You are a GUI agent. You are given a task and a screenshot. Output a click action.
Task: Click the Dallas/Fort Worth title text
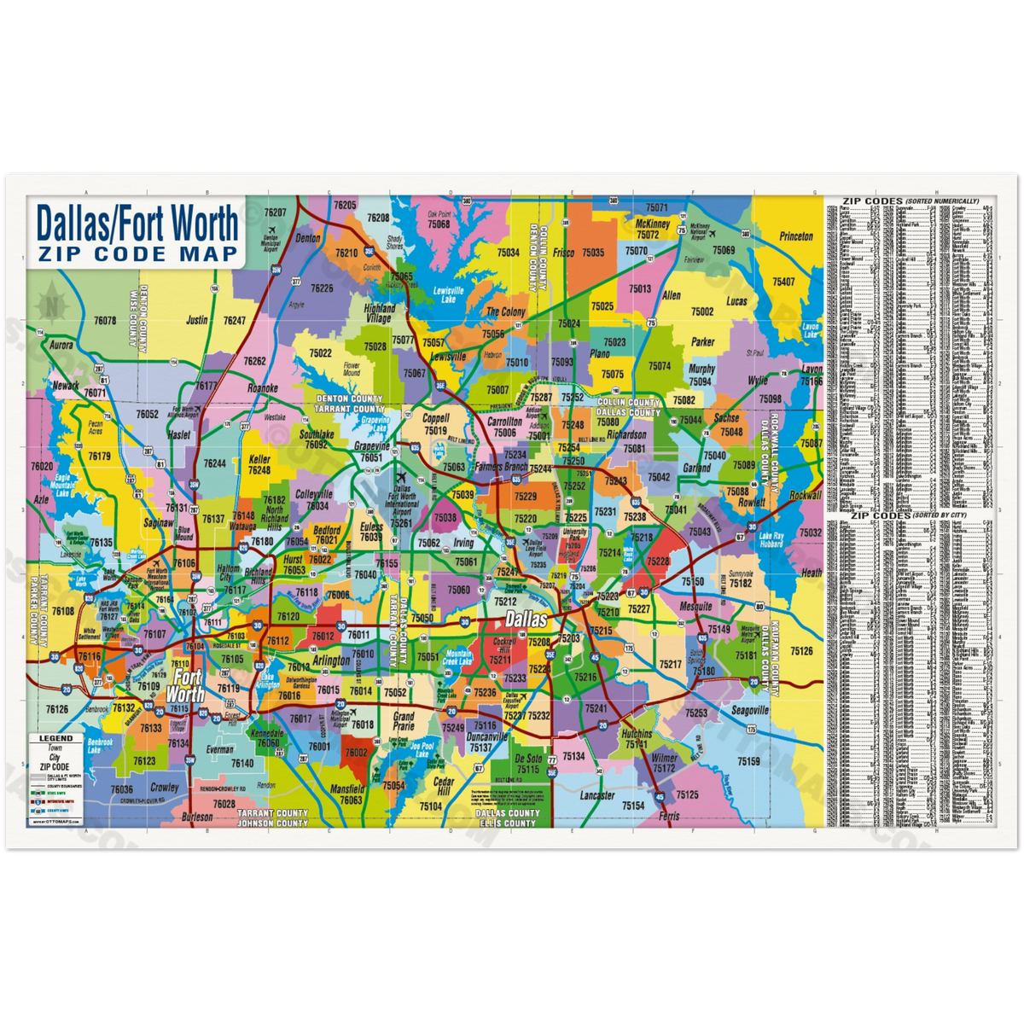pyautogui.click(x=137, y=224)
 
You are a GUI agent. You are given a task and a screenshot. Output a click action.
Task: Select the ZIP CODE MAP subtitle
pyautogui.click(x=137, y=253)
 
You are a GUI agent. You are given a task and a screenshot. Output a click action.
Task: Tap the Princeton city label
pyautogui.click(x=796, y=236)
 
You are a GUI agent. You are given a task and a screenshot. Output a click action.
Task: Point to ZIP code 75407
pyautogui.click(x=783, y=282)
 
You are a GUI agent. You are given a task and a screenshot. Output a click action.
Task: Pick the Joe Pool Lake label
pyautogui.click(x=422, y=749)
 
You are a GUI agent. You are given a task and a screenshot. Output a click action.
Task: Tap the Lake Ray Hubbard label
pyautogui.click(x=771, y=539)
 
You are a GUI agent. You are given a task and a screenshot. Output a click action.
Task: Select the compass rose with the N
pyautogui.click(x=53, y=300)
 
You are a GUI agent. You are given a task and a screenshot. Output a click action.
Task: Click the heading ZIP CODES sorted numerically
pyautogui.click(x=910, y=201)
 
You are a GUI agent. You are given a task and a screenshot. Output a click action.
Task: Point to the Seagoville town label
pyautogui.click(x=750, y=710)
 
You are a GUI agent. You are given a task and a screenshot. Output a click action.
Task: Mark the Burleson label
pyautogui.click(x=198, y=817)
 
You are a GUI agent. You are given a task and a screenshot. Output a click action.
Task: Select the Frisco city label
pyautogui.click(x=563, y=253)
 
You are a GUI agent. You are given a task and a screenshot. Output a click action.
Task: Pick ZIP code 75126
pyautogui.click(x=801, y=650)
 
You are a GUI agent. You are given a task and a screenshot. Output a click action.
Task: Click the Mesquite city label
pyautogui.click(x=696, y=607)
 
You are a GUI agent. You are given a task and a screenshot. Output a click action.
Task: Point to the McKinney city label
pyautogui.click(x=653, y=224)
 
